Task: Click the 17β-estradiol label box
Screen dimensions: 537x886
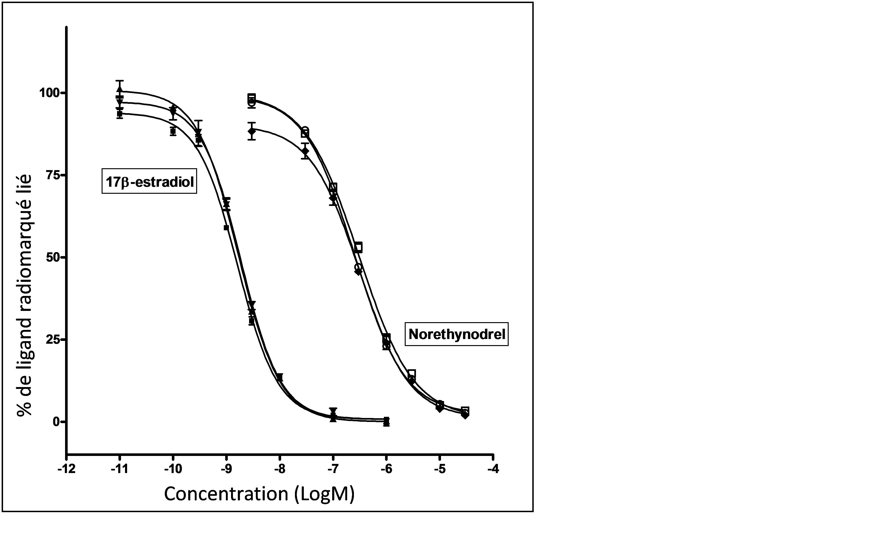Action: (x=149, y=181)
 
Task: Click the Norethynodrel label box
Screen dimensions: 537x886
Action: (x=457, y=334)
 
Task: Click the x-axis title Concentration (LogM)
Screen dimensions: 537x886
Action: (x=259, y=494)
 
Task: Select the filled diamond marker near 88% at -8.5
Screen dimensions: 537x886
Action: (x=252, y=131)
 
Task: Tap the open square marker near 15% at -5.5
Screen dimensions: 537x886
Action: (x=412, y=373)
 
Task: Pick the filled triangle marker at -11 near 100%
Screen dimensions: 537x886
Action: (x=120, y=90)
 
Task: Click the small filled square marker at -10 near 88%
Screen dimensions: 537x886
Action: (x=173, y=131)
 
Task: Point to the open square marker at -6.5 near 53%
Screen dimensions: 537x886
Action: (x=359, y=247)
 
